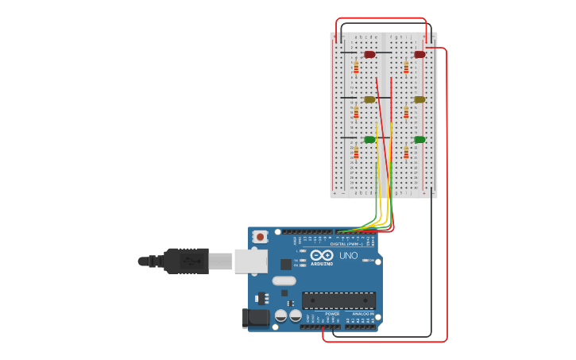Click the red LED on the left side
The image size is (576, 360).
(x=369, y=55)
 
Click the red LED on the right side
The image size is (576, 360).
(x=419, y=55)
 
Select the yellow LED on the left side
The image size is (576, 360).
(x=369, y=100)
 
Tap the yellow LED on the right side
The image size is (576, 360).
(x=419, y=100)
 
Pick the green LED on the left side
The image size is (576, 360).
(x=369, y=140)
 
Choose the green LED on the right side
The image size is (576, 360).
(x=419, y=140)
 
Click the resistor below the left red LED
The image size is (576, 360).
(x=356, y=68)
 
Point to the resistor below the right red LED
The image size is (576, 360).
(x=406, y=68)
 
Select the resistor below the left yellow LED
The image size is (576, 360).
(x=356, y=113)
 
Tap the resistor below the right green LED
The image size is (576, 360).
(x=406, y=153)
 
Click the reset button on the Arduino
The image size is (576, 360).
(x=260, y=236)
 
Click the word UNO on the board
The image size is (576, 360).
(x=348, y=256)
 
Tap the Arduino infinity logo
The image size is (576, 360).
(x=322, y=256)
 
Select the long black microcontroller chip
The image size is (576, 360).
(x=338, y=300)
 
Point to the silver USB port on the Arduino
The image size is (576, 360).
(x=250, y=261)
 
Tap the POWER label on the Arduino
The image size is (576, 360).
(x=332, y=314)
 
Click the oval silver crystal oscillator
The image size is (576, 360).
(x=284, y=281)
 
